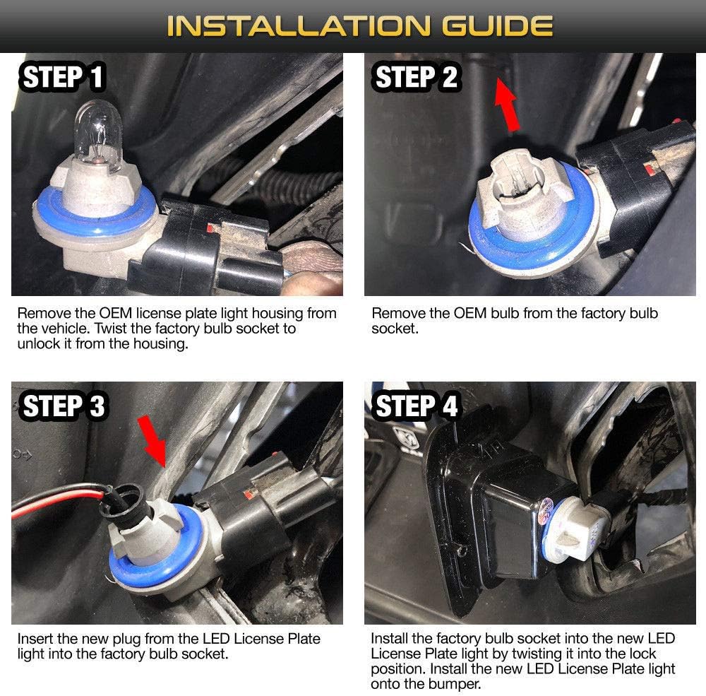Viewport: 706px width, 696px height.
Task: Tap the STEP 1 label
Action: pos(62,76)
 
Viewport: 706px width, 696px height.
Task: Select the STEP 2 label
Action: pos(416,76)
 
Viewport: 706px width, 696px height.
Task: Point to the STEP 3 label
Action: pos(63,406)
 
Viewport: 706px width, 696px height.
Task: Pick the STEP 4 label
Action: pos(416,406)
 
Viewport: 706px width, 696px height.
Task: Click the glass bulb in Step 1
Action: pos(98,135)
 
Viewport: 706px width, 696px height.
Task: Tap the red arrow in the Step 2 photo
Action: pos(507,105)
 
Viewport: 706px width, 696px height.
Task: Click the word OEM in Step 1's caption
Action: pos(115,313)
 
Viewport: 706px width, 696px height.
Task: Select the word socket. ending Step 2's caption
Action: pos(395,329)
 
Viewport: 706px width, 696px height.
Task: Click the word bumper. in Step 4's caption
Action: pos(454,684)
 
